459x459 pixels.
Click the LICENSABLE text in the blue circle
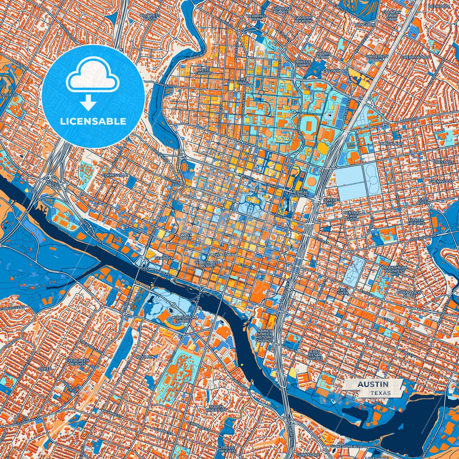93,121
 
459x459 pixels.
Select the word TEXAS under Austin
380,393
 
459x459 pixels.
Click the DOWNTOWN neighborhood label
222,255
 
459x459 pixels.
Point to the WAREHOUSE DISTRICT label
207,264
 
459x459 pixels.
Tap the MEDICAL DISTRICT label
299,194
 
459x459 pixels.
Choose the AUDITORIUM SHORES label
184,319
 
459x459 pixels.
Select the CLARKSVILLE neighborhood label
115,175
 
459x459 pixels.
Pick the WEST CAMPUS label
203,71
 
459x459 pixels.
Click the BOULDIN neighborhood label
145,357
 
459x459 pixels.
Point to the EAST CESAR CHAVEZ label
315,355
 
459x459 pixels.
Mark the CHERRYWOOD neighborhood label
415,57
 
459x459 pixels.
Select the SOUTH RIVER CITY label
218,408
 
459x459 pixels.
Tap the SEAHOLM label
164,258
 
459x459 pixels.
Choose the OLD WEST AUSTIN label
150,17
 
